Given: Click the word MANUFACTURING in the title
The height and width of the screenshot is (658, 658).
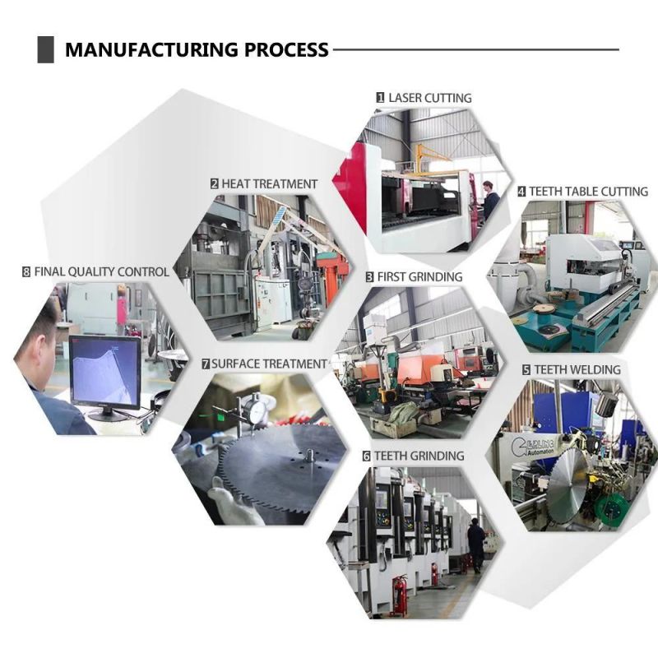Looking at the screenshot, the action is pyautogui.click(x=152, y=49).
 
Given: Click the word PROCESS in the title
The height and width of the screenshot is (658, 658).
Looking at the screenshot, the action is pyautogui.click(x=286, y=49).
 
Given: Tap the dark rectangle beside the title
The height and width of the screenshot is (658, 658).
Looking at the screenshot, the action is pyautogui.click(x=46, y=49).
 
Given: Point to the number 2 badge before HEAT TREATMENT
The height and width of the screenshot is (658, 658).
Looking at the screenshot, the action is pyautogui.click(x=215, y=183).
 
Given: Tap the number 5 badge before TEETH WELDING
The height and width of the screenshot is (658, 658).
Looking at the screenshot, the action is pyautogui.click(x=526, y=369).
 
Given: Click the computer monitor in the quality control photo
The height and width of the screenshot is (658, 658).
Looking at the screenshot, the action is pyautogui.click(x=105, y=377).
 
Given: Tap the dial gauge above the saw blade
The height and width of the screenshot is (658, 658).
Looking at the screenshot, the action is pyautogui.click(x=255, y=408).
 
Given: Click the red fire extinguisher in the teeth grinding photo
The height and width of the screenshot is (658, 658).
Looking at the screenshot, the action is pyautogui.click(x=399, y=595).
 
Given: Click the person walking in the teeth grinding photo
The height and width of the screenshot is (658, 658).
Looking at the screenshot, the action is pyautogui.click(x=476, y=544).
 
